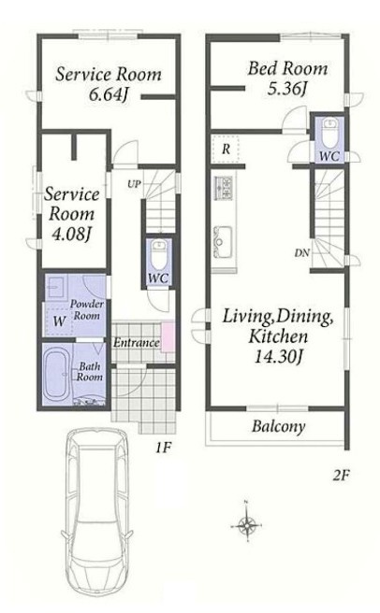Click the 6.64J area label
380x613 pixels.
pos(109,95)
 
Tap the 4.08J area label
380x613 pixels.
pos(72,234)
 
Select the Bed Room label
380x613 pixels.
pos(287,68)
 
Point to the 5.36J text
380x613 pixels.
pos(286,89)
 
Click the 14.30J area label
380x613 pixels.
pos(278,357)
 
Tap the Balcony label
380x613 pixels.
pos(278,426)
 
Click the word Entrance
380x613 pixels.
pos(137,343)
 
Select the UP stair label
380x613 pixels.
pos(135,184)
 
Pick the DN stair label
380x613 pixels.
pos(302,253)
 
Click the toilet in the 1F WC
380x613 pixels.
pos(159,253)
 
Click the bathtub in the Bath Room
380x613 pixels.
pos(58,374)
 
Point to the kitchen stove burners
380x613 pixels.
pos(224,188)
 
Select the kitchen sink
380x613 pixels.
pos(223,242)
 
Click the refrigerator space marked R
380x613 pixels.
pos(226,149)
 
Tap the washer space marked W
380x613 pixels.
pos(60,321)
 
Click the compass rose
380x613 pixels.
pos(247,521)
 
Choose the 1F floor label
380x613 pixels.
pos(163,448)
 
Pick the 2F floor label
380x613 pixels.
pos(341,476)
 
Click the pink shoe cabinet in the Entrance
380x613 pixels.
pos(168,336)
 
